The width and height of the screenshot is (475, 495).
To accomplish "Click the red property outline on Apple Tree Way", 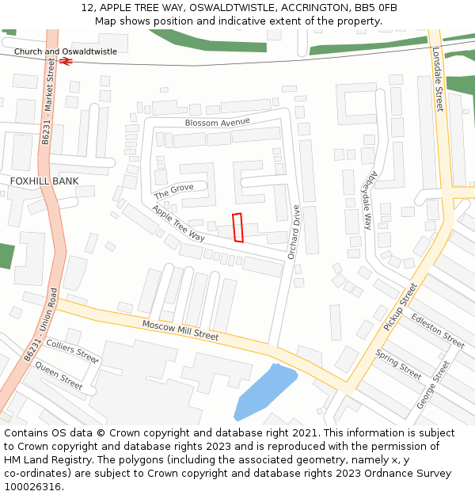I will pyautogui.click(x=237, y=227).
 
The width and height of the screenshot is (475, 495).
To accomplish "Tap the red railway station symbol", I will pyautogui.click(x=66, y=60).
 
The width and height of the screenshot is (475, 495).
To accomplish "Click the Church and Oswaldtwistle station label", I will pyautogui.click(x=65, y=51).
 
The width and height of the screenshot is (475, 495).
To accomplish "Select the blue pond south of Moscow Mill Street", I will pyautogui.click(x=264, y=391).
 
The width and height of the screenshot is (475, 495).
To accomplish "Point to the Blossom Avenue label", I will pyautogui.click(x=217, y=122).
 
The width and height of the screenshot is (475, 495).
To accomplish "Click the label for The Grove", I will pyautogui.click(x=173, y=191).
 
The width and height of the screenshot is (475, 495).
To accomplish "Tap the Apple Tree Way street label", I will pyautogui.click(x=178, y=223).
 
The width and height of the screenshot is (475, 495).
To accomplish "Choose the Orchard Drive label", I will pyautogui.click(x=294, y=232).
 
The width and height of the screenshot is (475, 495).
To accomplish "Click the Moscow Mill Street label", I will pyautogui.click(x=180, y=329).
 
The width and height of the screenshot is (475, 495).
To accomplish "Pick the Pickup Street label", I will pyautogui.click(x=399, y=307).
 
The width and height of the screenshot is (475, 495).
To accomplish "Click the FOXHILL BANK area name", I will pyautogui.click(x=44, y=181).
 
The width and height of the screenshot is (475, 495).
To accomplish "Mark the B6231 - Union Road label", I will pyautogui.click(x=40, y=325).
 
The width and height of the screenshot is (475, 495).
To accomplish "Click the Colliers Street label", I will pyautogui.click(x=72, y=351).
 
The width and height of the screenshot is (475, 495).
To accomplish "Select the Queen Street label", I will pyautogui.click(x=59, y=375).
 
